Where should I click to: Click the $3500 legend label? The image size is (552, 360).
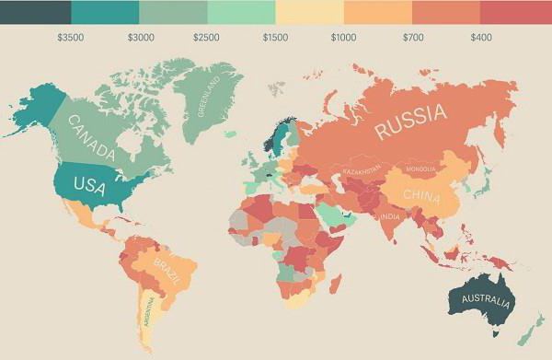point(69,38)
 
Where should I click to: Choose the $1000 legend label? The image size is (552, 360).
point(343,38)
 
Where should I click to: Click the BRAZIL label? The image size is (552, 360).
point(168,273)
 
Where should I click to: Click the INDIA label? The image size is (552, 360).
point(390,217)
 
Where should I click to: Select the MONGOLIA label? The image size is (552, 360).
point(420,170)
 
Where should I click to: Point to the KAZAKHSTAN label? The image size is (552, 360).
point(361,173)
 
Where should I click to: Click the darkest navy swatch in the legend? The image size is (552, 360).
point(35,12)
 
